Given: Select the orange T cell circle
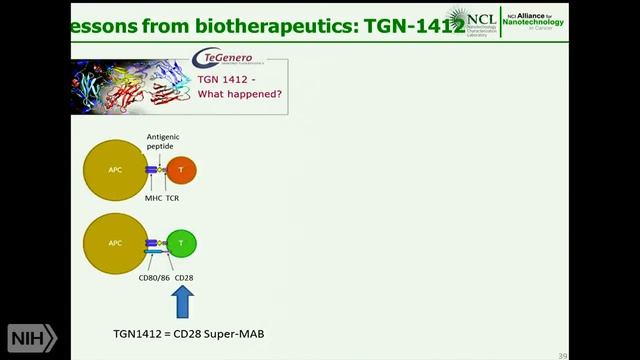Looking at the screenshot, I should [181, 171].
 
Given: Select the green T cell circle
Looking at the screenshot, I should [181, 243].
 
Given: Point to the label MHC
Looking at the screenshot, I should [152, 197].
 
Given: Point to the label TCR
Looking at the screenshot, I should [173, 197].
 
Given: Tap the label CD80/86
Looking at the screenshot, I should [153, 277].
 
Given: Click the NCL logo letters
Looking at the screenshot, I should [498, 17].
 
